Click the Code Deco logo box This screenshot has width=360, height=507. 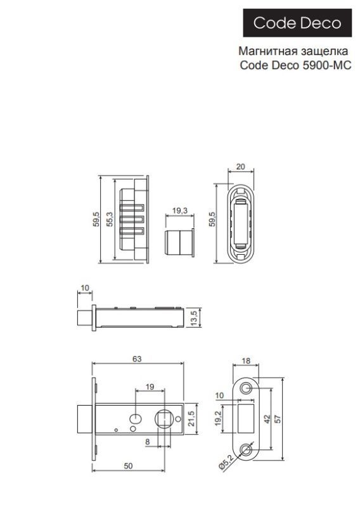pyautogui.click(x=297, y=23)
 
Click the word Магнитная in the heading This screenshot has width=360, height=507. pyautogui.click(x=262, y=51)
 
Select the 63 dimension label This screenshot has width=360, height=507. pyautogui.click(x=137, y=358)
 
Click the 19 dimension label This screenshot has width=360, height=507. pyautogui.click(x=150, y=386)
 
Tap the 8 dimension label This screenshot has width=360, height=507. pyautogui.click(x=147, y=442)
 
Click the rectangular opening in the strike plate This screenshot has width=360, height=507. pyautogui.click(x=247, y=418)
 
